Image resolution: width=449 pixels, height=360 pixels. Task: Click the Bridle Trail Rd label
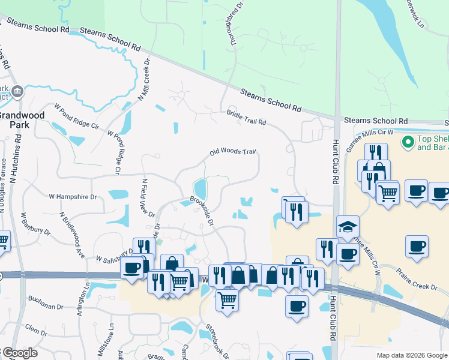[246, 118]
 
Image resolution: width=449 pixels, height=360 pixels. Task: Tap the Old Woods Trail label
[233, 153]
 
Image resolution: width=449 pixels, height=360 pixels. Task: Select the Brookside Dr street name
[202, 209]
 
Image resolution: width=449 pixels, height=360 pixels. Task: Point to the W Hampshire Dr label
[73, 196]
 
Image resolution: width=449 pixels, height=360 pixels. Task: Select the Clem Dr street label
[36, 329]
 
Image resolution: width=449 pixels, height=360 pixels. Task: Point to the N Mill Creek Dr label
[144, 80]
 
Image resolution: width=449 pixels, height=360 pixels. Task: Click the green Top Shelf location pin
[408, 143]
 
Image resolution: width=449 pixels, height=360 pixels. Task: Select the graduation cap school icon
[347, 226]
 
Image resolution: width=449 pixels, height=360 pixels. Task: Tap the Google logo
[19, 353]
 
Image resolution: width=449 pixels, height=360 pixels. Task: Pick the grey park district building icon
[17, 92]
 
